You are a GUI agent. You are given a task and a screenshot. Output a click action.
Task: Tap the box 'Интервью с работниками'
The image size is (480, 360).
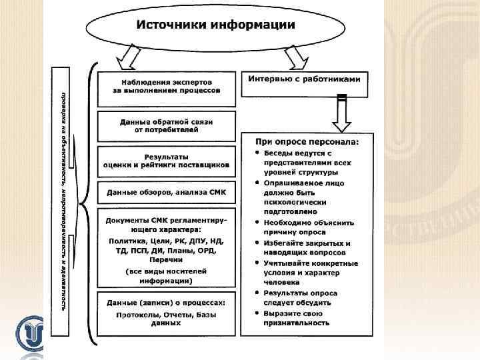[x=304, y=79]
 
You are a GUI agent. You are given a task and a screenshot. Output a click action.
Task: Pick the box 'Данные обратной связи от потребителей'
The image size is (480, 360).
[x=167, y=126]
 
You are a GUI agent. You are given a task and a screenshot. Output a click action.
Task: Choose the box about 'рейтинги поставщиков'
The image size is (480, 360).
[x=167, y=161]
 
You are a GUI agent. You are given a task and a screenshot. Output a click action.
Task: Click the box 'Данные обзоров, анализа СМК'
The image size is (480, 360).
[x=167, y=193]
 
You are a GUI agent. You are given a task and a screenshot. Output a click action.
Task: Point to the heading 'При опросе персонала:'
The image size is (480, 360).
[x=307, y=142]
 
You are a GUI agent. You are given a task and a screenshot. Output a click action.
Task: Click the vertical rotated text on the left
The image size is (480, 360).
[x=63, y=201]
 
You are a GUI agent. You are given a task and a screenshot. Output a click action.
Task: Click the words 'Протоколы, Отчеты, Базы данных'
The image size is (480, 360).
[x=166, y=318]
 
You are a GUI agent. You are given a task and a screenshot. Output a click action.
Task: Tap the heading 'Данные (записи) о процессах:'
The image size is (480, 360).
[x=167, y=301]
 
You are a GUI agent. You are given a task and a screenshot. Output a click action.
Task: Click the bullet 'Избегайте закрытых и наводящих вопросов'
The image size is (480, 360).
[x=307, y=249]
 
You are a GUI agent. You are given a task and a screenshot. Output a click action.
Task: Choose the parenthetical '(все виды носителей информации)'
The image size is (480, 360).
[x=166, y=276]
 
